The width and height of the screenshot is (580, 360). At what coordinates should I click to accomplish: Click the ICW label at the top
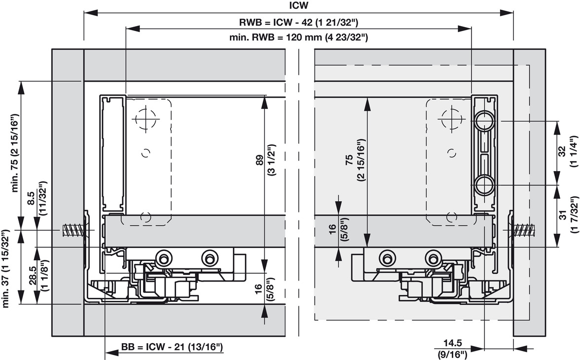point(298,5)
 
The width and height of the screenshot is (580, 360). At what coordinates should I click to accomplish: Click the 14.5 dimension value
point(452,343)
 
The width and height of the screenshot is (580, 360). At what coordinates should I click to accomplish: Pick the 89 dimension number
point(259,160)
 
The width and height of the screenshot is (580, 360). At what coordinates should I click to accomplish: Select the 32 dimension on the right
point(562,151)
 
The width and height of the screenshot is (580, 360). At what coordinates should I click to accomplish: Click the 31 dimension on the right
point(562,216)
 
